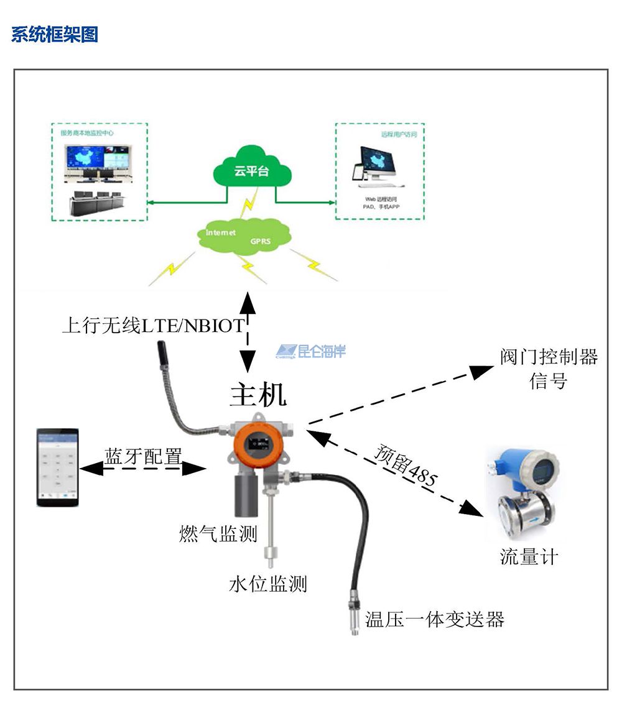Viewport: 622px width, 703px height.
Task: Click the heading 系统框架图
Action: pyautogui.click(x=55, y=34)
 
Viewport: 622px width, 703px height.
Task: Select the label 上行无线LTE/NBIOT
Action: pyautogui.click(x=153, y=325)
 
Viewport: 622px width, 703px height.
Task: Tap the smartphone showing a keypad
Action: pyautogui.click(x=57, y=466)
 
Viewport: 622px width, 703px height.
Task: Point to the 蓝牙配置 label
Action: pyautogui.click(x=143, y=457)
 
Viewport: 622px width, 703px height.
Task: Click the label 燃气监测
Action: pyautogui.click(x=218, y=533)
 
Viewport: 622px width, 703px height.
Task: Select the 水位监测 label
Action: pyautogui.click(x=268, y=584)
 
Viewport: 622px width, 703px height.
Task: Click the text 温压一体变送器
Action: pyautogui.click(x=434, y=619)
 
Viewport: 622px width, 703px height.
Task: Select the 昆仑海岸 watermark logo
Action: pyautogui.click(x=311, y=352)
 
